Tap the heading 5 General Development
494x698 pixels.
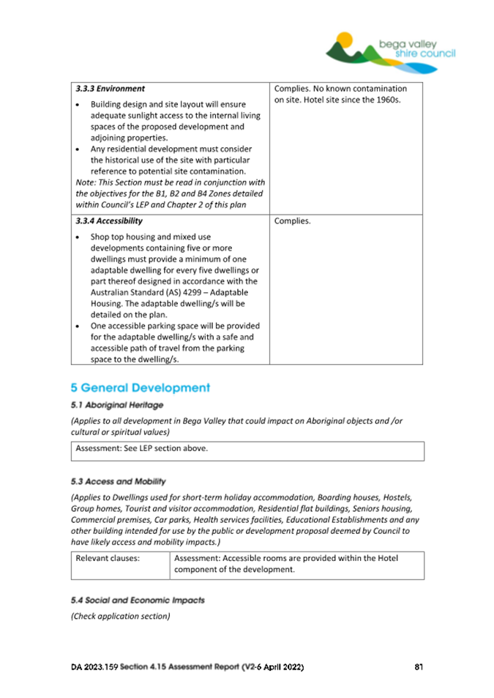coord(140,387)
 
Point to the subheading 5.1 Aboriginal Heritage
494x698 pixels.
coord(116,404)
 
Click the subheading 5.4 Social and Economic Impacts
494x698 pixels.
coord(138,600)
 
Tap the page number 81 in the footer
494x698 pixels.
coord(419,667)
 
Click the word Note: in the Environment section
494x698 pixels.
coord(86,182)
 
